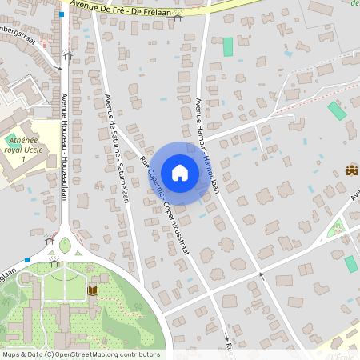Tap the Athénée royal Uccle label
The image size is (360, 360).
point(22,148)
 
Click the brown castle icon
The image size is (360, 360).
point(351,170)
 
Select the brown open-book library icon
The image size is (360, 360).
point(93,290)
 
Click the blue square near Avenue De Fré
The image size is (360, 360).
point(62,14)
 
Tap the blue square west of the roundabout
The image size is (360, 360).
point(27,259)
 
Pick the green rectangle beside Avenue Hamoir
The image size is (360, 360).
point(228,46)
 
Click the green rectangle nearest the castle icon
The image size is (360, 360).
point(337,110)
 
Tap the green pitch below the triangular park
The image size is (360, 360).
point(350,263)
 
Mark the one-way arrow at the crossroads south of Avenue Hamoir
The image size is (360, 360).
point(262,276)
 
